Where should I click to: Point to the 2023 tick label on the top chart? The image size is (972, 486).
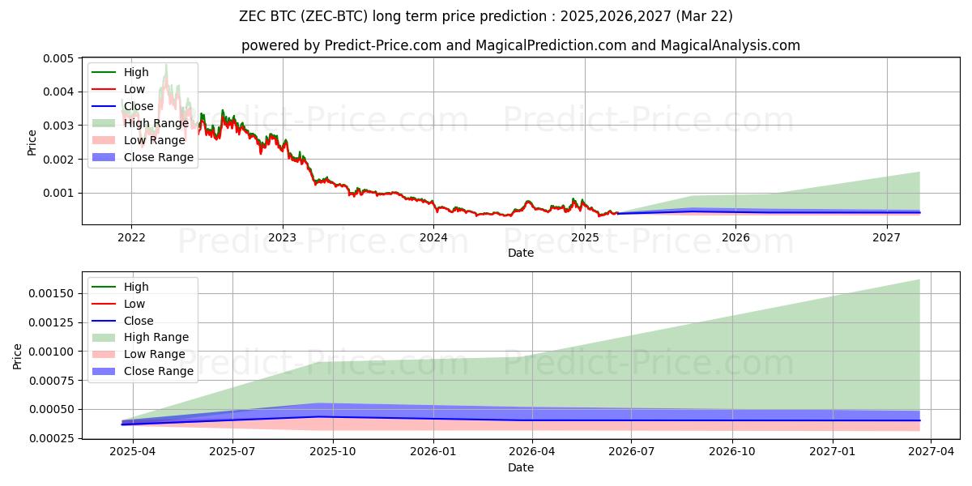(x=283, y=237)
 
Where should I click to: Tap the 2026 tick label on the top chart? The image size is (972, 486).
(x=735, y=237)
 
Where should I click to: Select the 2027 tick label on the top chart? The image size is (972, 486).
(x=887, y=237)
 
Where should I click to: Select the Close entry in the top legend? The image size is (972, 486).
(x=139, y=106)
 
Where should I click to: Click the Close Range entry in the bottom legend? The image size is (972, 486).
(x=158, y=371)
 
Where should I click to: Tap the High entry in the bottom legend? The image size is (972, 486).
(x=136, y=287)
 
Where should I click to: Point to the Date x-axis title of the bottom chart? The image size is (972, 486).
(x=520, y=467)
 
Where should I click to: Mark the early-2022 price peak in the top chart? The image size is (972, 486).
(x=166, y=65)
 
